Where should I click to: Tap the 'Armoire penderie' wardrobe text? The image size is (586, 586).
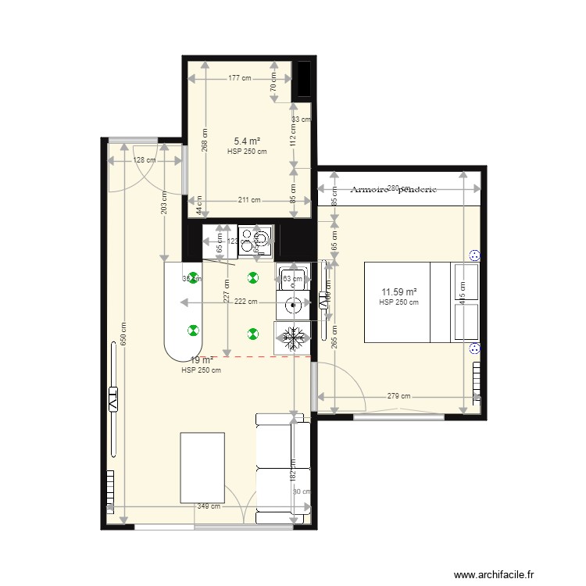pos(393,190)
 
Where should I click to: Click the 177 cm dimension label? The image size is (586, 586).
pos(240,78)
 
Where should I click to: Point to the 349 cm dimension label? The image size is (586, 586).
pos(208,506)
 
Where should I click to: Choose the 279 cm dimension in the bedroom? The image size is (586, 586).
pos(398,396)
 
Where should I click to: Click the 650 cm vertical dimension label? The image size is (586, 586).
pos(122,337)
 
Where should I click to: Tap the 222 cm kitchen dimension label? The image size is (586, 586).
pos(245,302)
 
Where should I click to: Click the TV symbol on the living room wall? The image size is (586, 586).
pos(113,399)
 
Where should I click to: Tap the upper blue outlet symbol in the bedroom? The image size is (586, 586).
pos(473,255)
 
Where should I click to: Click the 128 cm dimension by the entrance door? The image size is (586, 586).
pos(144,160)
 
